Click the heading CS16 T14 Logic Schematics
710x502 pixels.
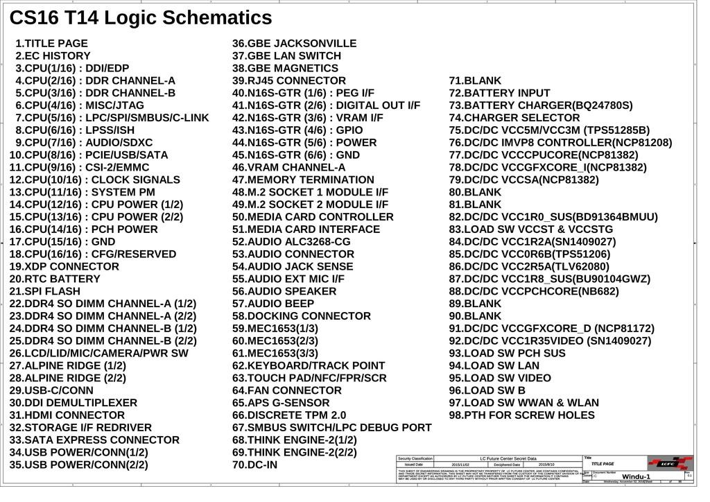(x=141, y=17)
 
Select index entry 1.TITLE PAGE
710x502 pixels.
(x=51, y=43)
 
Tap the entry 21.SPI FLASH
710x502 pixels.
(x=44, y=291)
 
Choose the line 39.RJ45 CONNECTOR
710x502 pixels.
(x=288, y=80)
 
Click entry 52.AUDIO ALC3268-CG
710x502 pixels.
(x=291, y=242)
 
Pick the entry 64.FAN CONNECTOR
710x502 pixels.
(x=286, y=390)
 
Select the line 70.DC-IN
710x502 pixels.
(x=254, y=465)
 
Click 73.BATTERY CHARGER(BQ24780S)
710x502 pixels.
(x=541, y=105)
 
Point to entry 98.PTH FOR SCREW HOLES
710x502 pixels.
(x=521, y=415)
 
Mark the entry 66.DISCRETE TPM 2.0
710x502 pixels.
(x=288, y=415)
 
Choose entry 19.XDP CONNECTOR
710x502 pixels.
(x=64, y=266)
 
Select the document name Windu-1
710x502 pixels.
(x=636, y=477)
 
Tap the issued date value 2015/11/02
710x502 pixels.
(x=460, y=465)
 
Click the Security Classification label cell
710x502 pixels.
(x=415, y=458)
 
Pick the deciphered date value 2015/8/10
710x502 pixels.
(x=546, y=465)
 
